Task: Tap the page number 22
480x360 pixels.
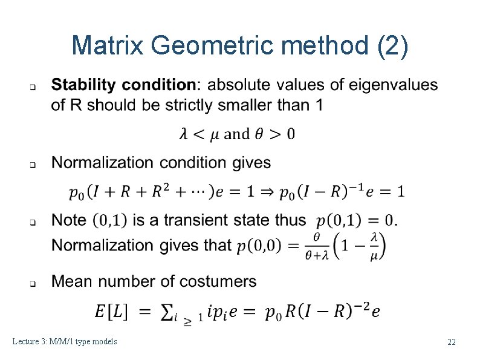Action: point(451,342)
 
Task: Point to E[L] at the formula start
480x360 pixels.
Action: point(111,312)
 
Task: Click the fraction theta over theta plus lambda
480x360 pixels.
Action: point(317,246)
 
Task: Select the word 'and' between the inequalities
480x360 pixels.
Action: point(236,134)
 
